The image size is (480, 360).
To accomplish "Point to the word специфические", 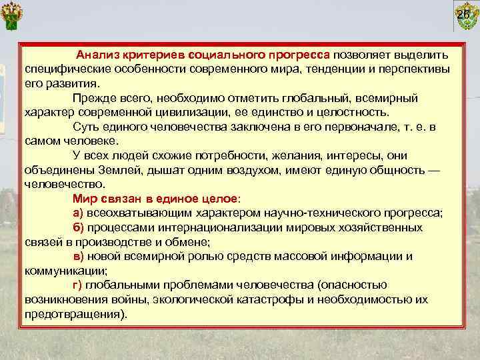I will point(66,69).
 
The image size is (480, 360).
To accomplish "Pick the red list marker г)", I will point(77,285).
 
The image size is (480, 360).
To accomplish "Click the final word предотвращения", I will point(73,313).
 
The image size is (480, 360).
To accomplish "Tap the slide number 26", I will point(463,15).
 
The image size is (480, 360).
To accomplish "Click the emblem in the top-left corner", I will point(15,17).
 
